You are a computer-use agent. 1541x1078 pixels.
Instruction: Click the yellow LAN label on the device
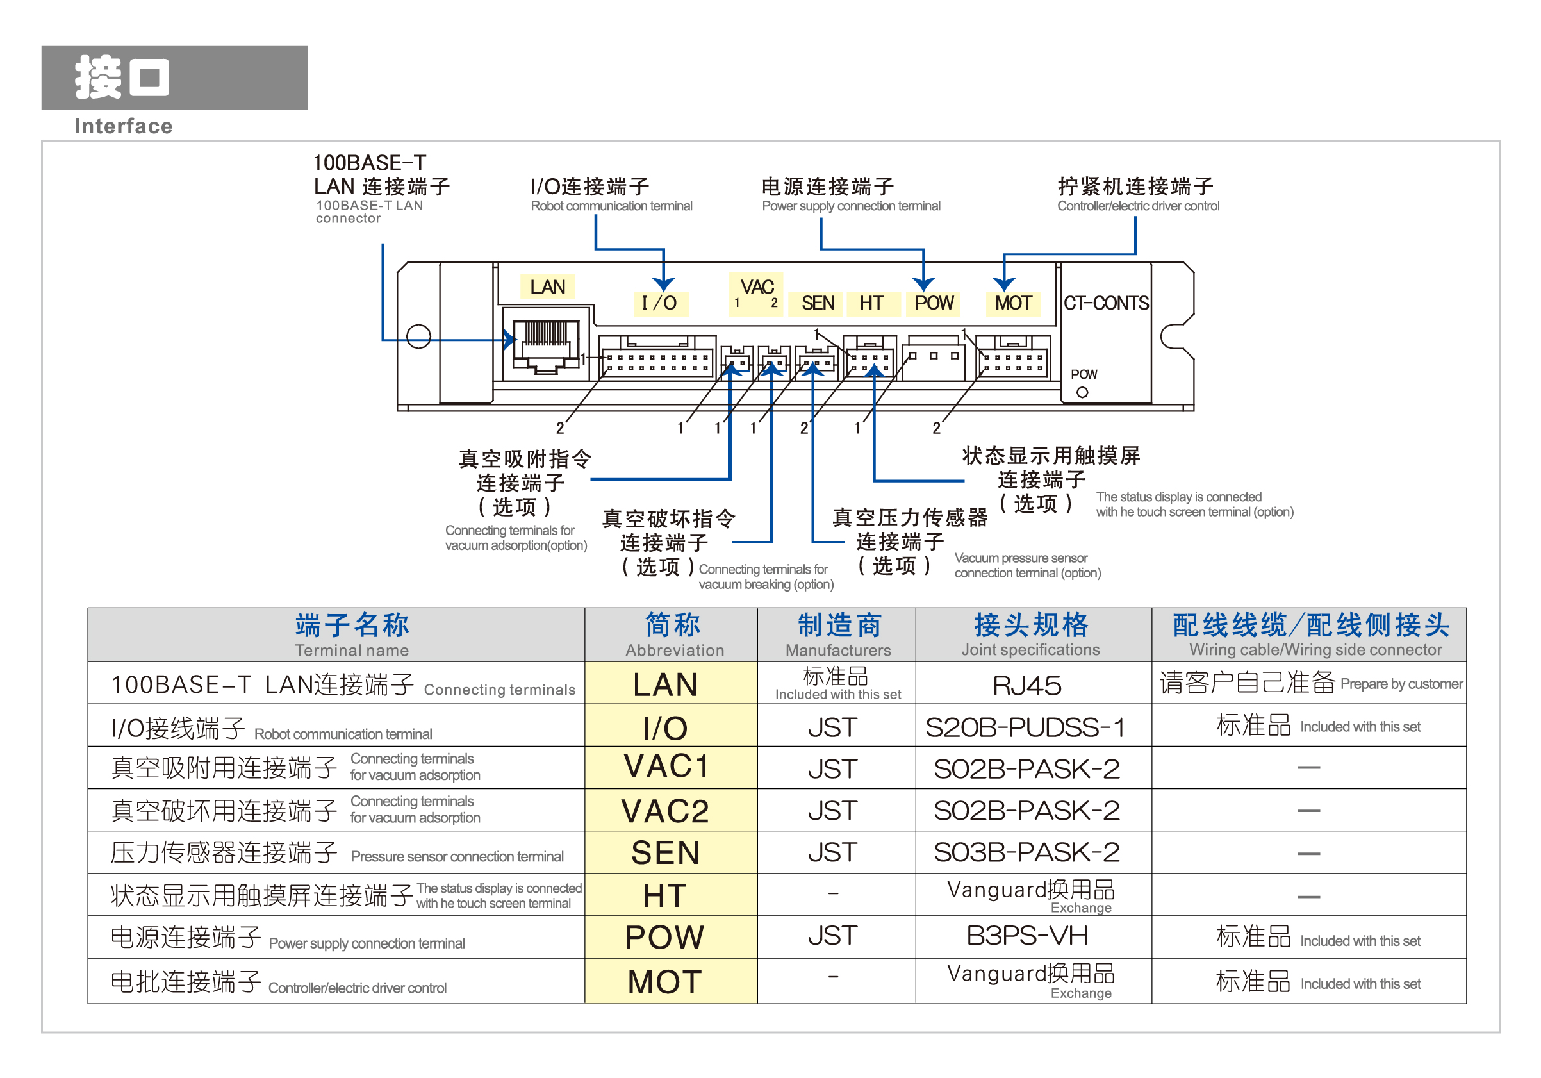547,286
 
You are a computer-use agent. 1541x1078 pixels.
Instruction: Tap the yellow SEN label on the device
818,303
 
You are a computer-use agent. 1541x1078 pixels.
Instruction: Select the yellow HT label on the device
871,303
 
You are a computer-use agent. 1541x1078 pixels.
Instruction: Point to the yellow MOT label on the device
1013,303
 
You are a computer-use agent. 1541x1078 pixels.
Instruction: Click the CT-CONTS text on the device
1106,303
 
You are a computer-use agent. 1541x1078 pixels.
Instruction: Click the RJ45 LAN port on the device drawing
546,344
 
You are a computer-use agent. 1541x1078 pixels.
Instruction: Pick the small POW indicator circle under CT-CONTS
1082,393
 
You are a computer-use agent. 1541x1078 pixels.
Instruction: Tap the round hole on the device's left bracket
419,336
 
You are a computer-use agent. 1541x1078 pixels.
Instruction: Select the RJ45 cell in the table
1027,685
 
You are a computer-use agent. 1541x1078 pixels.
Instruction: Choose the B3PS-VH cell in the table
1027,936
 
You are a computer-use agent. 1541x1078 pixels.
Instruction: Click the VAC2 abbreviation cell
665,811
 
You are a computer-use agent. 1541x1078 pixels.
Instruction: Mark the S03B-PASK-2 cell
1027,852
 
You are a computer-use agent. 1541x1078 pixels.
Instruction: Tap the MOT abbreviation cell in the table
665,982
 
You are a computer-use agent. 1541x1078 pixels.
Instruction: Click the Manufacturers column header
838,634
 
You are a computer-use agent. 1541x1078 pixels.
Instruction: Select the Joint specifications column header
1031,634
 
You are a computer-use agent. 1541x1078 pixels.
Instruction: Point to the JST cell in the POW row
832,936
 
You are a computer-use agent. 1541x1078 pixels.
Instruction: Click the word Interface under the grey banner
124,126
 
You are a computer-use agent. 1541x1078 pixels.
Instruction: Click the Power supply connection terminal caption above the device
851,206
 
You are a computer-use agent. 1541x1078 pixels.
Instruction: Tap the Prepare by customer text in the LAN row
1401,684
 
